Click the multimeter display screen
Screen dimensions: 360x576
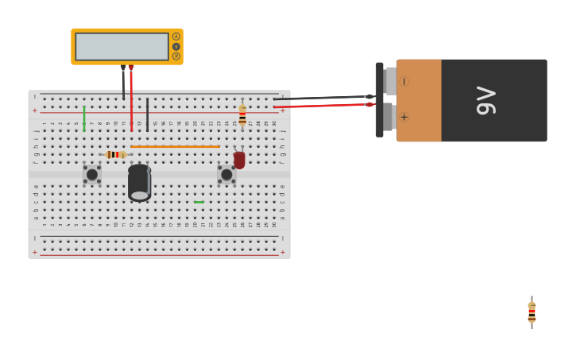[x=122, y=46]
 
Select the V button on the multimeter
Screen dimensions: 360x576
[x=176, y=46]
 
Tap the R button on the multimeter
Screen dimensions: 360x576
[x=176, y=56]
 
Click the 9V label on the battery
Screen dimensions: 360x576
[x=485, y=100]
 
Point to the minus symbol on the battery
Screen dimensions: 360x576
[x=404, y=81]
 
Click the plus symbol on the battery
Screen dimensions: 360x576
[x=404, y=117]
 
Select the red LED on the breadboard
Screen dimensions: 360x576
[x=239, y=159]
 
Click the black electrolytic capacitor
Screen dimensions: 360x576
[x=139, y=182]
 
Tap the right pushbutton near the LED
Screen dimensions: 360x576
[x=226, y=174]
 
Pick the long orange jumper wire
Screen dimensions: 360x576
[x=175, y=146]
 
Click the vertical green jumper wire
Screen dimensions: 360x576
[x=84, y=118]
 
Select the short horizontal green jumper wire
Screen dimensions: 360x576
[x=199, y=202]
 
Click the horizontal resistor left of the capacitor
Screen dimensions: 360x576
[x=115, y=154]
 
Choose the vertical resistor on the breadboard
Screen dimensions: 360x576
[x=242, y=114]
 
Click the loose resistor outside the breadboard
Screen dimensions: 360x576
[x=532, y=312]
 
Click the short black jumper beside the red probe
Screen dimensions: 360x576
[x=147, y=114]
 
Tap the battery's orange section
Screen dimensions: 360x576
[x=419, y=100]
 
